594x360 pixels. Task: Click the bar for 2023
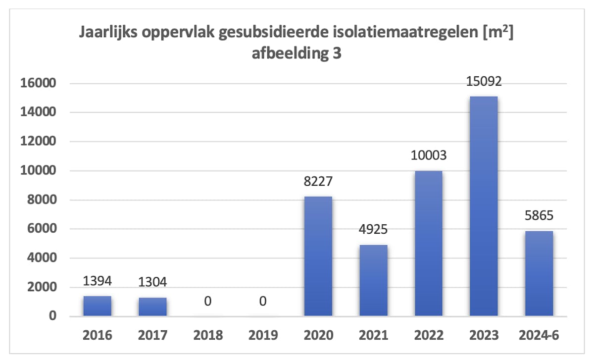pos(484,206)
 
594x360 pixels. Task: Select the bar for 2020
pos(318,256)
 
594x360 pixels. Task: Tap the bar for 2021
pos(374,280)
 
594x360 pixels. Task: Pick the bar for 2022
pos(429,243)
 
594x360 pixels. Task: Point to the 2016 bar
pos(97,306)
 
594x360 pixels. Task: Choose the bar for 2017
pos(152,307)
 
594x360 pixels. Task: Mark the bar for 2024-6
pos(539,273)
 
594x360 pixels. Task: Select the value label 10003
pos(429,156)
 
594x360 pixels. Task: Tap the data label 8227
pos(318,182)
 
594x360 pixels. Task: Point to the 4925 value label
pos(374,230)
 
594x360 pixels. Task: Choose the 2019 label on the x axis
pos(263,335)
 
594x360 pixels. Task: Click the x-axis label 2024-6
pos(539,335)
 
